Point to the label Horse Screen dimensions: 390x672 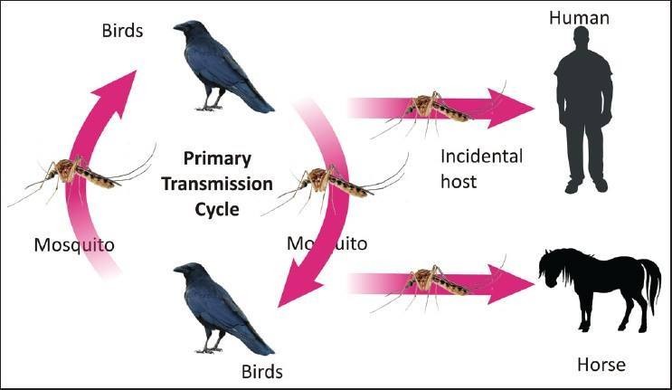601,366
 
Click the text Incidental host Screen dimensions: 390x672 480,167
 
